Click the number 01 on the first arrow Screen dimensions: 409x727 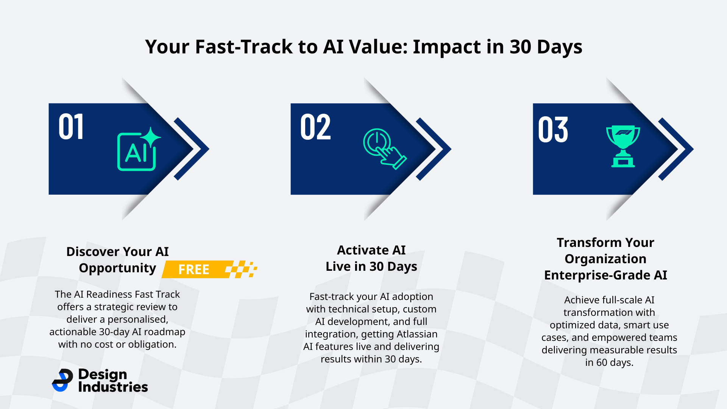coord(71,127)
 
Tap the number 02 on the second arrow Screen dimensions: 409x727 coord(315,127)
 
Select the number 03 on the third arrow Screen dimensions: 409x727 coord(553,130)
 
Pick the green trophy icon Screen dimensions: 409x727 coord(623,146)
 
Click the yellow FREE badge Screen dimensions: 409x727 coord(194,269)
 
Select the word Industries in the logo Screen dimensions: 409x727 coord(113,387)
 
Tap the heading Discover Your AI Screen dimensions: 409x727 coord(117,251)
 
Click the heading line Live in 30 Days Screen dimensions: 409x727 coord(371,267)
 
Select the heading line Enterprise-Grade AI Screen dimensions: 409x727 coord(605,275)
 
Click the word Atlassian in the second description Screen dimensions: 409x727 coord(417,334)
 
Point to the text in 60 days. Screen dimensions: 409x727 coord(609,362)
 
